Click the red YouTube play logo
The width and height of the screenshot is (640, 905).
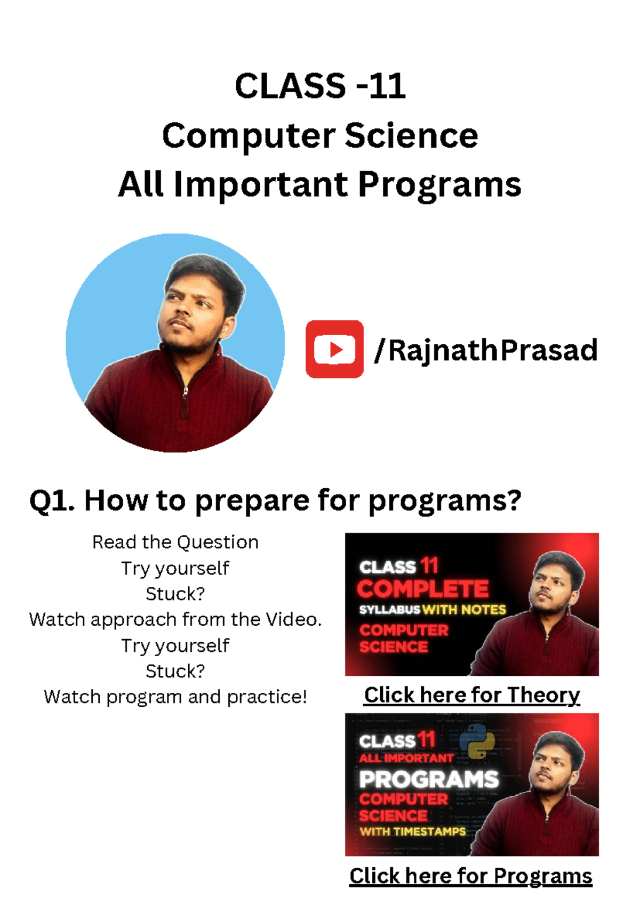334,349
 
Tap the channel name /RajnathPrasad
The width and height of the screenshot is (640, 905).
485,350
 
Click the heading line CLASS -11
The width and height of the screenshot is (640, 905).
320,86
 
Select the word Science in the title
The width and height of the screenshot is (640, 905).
411,135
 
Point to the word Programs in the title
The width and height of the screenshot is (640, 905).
440,184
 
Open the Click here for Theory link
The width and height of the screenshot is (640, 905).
472,695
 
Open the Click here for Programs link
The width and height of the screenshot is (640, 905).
471,876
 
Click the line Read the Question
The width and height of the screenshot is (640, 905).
175,542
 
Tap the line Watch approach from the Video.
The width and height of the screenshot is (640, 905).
175,619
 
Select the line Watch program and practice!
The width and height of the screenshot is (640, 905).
175,697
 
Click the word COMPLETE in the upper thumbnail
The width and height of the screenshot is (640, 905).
423,589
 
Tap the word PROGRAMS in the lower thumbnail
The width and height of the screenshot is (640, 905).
429,780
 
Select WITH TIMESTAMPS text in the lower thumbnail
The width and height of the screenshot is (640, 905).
413,832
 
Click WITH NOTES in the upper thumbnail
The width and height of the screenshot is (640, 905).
464,610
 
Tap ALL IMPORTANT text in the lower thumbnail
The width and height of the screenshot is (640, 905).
406,758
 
